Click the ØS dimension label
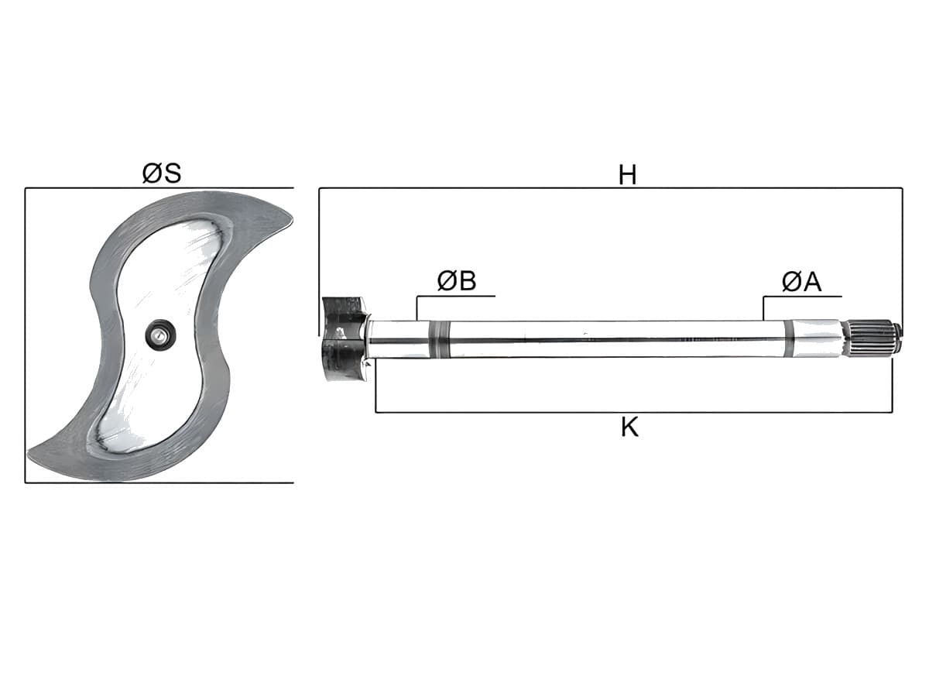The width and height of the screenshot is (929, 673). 162,173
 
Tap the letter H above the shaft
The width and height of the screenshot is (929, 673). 627,175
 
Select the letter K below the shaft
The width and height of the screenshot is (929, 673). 629,427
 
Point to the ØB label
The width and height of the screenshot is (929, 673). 457,281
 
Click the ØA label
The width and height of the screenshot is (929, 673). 802,282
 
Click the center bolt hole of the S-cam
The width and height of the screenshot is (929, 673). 160,335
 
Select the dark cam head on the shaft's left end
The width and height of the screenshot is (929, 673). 345,338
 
